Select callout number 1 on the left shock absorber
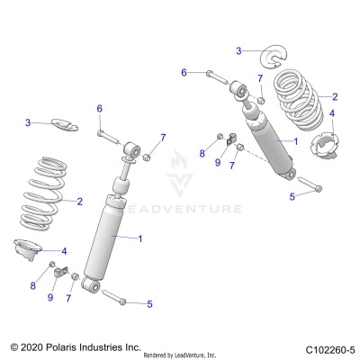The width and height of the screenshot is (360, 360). (139, 238)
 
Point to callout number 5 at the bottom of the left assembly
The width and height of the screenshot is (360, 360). (148, 303)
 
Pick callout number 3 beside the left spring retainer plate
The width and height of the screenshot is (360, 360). (28, 122)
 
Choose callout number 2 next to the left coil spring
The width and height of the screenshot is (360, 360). (79, 202)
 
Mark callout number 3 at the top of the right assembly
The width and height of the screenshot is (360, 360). (238, 50)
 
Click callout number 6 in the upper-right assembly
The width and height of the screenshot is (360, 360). (184, 71)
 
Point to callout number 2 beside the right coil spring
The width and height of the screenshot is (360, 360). (334, 96)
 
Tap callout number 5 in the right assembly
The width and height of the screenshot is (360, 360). (291, 195)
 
